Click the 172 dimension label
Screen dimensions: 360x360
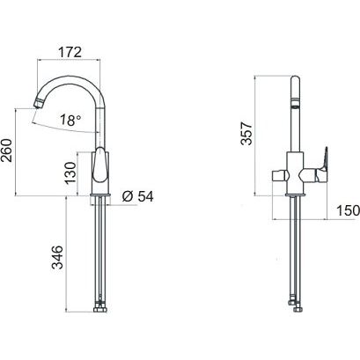pos(70,52)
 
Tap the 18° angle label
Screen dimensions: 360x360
pos(70,121)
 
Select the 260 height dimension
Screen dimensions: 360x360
pos(6,151)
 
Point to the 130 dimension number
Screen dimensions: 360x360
pos(70,173)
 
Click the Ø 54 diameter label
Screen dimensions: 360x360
pos(138,196)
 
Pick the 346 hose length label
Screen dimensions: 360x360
pos(57,258)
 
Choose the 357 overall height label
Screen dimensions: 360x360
pos(246,134)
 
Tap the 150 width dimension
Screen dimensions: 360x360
pos(348,210)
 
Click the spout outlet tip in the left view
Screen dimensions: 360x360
pos(39,103)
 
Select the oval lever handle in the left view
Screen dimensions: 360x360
pos(99,165)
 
